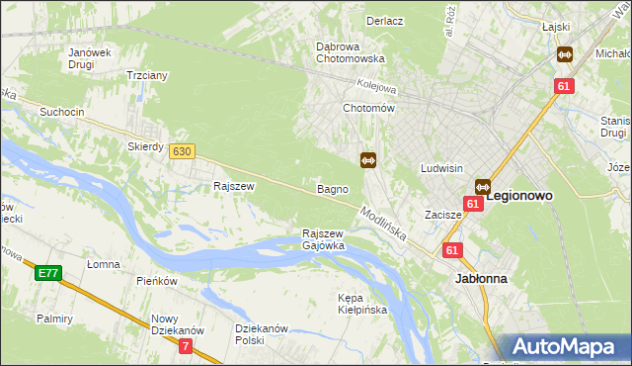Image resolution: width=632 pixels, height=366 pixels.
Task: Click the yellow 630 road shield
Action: [181, 151]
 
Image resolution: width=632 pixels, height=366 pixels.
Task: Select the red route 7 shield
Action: [186, 345]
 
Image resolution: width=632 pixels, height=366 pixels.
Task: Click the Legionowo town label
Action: [520, 196]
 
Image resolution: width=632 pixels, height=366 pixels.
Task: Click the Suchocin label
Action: [61, 112]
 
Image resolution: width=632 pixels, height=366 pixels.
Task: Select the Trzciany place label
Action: [146, 75]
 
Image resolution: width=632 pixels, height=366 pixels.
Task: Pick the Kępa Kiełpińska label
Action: [362, 304]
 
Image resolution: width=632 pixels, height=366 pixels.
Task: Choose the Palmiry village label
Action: [55, 319]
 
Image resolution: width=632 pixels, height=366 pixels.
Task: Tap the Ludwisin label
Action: [441, 168]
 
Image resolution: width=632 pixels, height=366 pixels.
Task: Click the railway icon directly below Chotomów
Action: [368, 159]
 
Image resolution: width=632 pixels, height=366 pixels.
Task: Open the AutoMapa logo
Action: [568, 347]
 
